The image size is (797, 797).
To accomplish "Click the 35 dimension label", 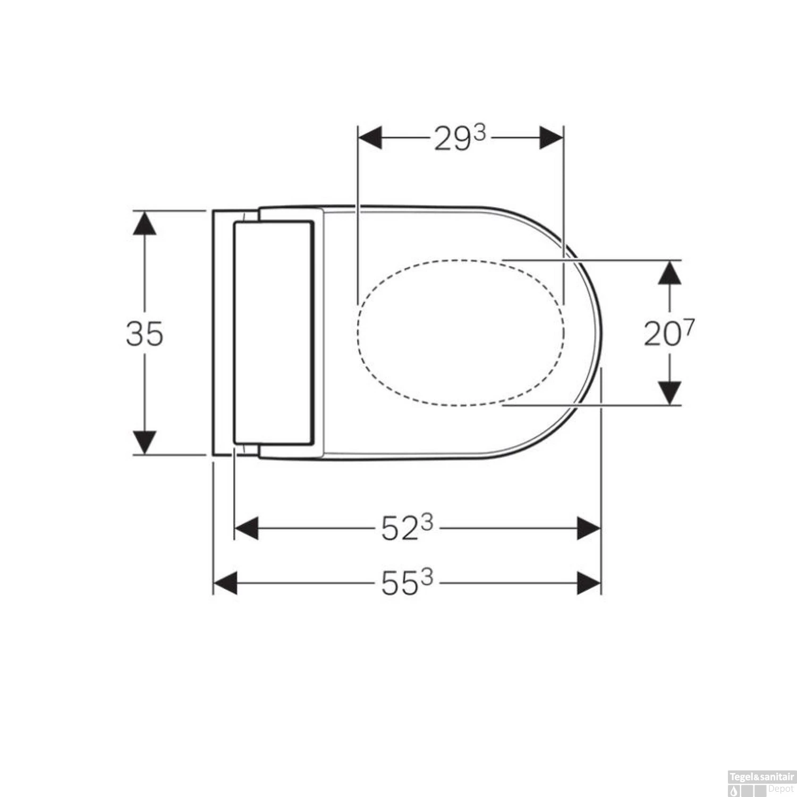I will click(x=145, y=334).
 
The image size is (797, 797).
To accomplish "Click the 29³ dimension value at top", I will click(x=460, y=139).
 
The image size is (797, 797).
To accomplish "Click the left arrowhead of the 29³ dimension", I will click(x=370, y=138).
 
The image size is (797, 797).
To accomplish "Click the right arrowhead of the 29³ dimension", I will click(x=552, y=138).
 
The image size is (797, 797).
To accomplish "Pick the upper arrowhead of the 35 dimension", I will click(x=145, y=223).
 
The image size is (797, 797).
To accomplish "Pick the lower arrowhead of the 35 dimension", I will click(x=145, y=443).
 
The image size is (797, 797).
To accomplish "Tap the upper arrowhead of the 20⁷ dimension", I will click(x=669, y=272).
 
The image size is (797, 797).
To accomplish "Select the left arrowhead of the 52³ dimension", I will click(x=247, y=529).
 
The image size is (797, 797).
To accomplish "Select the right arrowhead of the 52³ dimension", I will click(x=589, y=529).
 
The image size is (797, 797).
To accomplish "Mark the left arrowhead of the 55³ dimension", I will click(x=225, y=583).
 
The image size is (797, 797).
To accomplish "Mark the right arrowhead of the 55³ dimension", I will click(x=589, y=583).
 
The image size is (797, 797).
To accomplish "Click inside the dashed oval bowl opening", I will click(x=460, y=333).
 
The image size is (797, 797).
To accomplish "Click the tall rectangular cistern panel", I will click(x=273, y=333).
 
